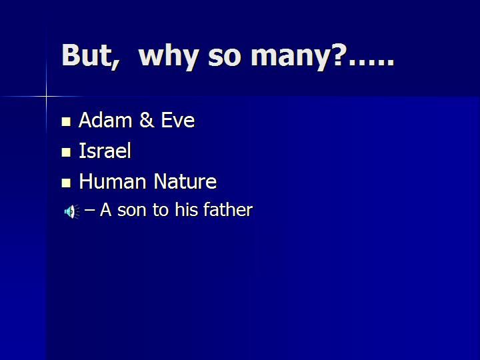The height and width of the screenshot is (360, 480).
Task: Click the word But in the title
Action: (x=87, y=55)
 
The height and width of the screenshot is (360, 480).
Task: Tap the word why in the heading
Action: (x=169, y=57)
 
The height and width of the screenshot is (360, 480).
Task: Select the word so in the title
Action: (x=225, y=57)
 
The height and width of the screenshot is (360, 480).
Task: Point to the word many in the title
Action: (x=295, y=59)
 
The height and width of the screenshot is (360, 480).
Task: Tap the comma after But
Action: (x=116, y=65)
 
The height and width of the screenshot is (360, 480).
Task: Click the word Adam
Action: (x=105, y=120)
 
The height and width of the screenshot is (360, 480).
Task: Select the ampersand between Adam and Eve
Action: (x=147, y=120)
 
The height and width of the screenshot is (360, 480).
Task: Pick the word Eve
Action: (x=177, y=120)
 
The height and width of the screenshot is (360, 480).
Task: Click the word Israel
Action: (x=105, y=150)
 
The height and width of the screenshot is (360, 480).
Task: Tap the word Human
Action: (x=113, y=181)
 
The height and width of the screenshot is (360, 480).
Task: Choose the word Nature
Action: (x=185, y=181)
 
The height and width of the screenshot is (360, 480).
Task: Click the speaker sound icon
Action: (x=72, y=211)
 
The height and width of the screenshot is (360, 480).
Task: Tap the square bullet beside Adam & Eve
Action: (x=66, y=121)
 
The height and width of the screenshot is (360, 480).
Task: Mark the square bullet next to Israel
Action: (x=66, y=152)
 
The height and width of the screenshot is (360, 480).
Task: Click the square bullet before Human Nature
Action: (x=66, y=183)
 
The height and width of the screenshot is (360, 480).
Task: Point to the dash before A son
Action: (x=89, y=210)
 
